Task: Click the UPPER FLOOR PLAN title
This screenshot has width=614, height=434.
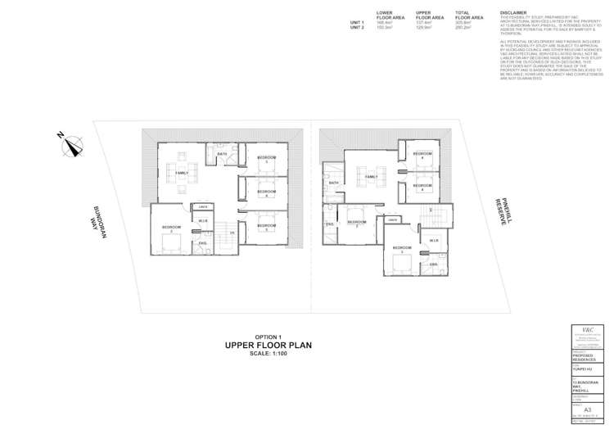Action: [x=268, y=346]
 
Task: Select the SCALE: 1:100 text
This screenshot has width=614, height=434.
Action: [x=268, y=355]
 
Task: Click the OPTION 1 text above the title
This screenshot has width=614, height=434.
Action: [x=268, y=337]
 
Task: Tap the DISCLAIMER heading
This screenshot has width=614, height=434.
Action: [x=513, y=14]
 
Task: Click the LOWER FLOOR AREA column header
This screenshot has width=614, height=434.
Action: [x=385, y=16]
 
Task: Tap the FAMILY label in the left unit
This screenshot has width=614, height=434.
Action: [x=182, y=173]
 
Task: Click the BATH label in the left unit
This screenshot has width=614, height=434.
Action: [x=222, y=154]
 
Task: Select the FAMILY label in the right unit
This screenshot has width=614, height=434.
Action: [x=371, y=176]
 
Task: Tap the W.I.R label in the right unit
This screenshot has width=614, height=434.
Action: [x=434, y=240]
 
